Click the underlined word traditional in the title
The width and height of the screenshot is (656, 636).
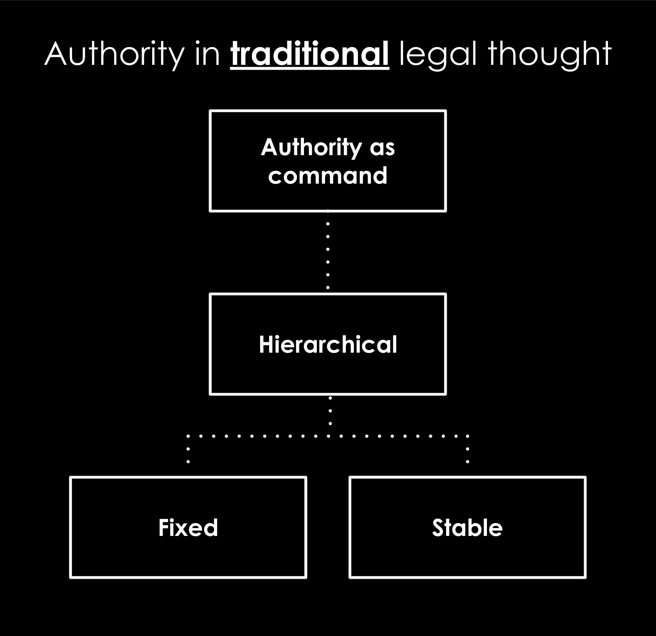click(x=310, y=54)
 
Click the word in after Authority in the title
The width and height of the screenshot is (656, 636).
click(x=208, y=55)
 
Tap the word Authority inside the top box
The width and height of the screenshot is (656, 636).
click(x=310, y=147)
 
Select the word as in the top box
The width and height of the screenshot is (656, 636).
click(x=382, y=149)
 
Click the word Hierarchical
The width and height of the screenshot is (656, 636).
click(x=328, y=344)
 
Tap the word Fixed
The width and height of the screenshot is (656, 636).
click(x=188, y=528)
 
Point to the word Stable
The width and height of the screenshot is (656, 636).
click(x=467, y=528)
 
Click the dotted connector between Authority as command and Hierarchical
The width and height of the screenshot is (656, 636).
click(x=328, y=249)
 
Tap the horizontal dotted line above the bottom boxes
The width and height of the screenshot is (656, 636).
click(x=328, y=436)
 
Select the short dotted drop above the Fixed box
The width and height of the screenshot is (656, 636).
click(x=188, y=449)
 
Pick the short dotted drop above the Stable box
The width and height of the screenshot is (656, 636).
click(x=467, y=449)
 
